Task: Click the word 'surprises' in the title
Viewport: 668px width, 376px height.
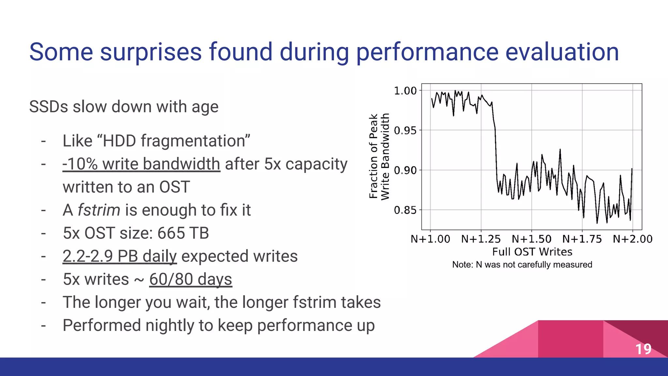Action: coord(151,52)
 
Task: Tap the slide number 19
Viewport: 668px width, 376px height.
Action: coord(643,349)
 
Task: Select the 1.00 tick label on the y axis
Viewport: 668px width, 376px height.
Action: coord(405,91)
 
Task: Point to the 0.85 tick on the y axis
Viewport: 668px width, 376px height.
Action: coord(405,210)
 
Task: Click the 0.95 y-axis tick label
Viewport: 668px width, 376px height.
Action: coord(405,131)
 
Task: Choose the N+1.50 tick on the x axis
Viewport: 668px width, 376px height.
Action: coord(531,239)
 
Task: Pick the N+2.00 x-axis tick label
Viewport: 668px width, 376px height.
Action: coord(632,239)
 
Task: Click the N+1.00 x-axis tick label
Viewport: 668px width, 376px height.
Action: coord(430,239)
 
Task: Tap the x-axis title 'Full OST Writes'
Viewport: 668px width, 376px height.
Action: coord(532,252)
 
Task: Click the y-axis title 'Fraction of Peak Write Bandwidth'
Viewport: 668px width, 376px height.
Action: coord(379,157)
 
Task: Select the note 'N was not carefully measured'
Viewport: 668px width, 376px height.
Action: coord(522,264)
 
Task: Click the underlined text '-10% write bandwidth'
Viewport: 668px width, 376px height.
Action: coord(141,164)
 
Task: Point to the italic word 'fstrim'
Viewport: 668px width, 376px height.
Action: coord(99,210)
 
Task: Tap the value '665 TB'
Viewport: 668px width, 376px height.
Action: coord(183,233)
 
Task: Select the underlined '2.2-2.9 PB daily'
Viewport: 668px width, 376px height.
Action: coord(119,256)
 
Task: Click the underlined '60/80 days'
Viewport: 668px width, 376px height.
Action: coord(190,279)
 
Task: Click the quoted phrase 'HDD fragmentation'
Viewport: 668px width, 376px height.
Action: coord(156,141)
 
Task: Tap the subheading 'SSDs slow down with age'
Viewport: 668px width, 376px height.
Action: coord(124,107)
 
